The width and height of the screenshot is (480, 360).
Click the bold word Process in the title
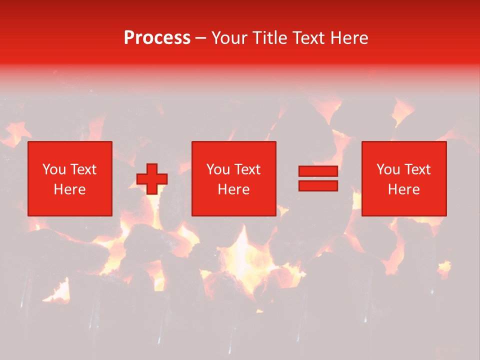pos(157,38)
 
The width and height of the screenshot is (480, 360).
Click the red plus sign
pos(152,179)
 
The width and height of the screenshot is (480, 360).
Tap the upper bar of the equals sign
pos(318,171)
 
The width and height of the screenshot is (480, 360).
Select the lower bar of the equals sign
pos(318,185)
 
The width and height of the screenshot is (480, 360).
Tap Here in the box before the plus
pos(69,189)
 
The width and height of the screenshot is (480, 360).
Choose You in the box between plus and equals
pos(218,169)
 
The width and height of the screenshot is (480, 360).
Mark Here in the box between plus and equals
pos(234,189)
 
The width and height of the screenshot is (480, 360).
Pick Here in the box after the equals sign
pos(404,189)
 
